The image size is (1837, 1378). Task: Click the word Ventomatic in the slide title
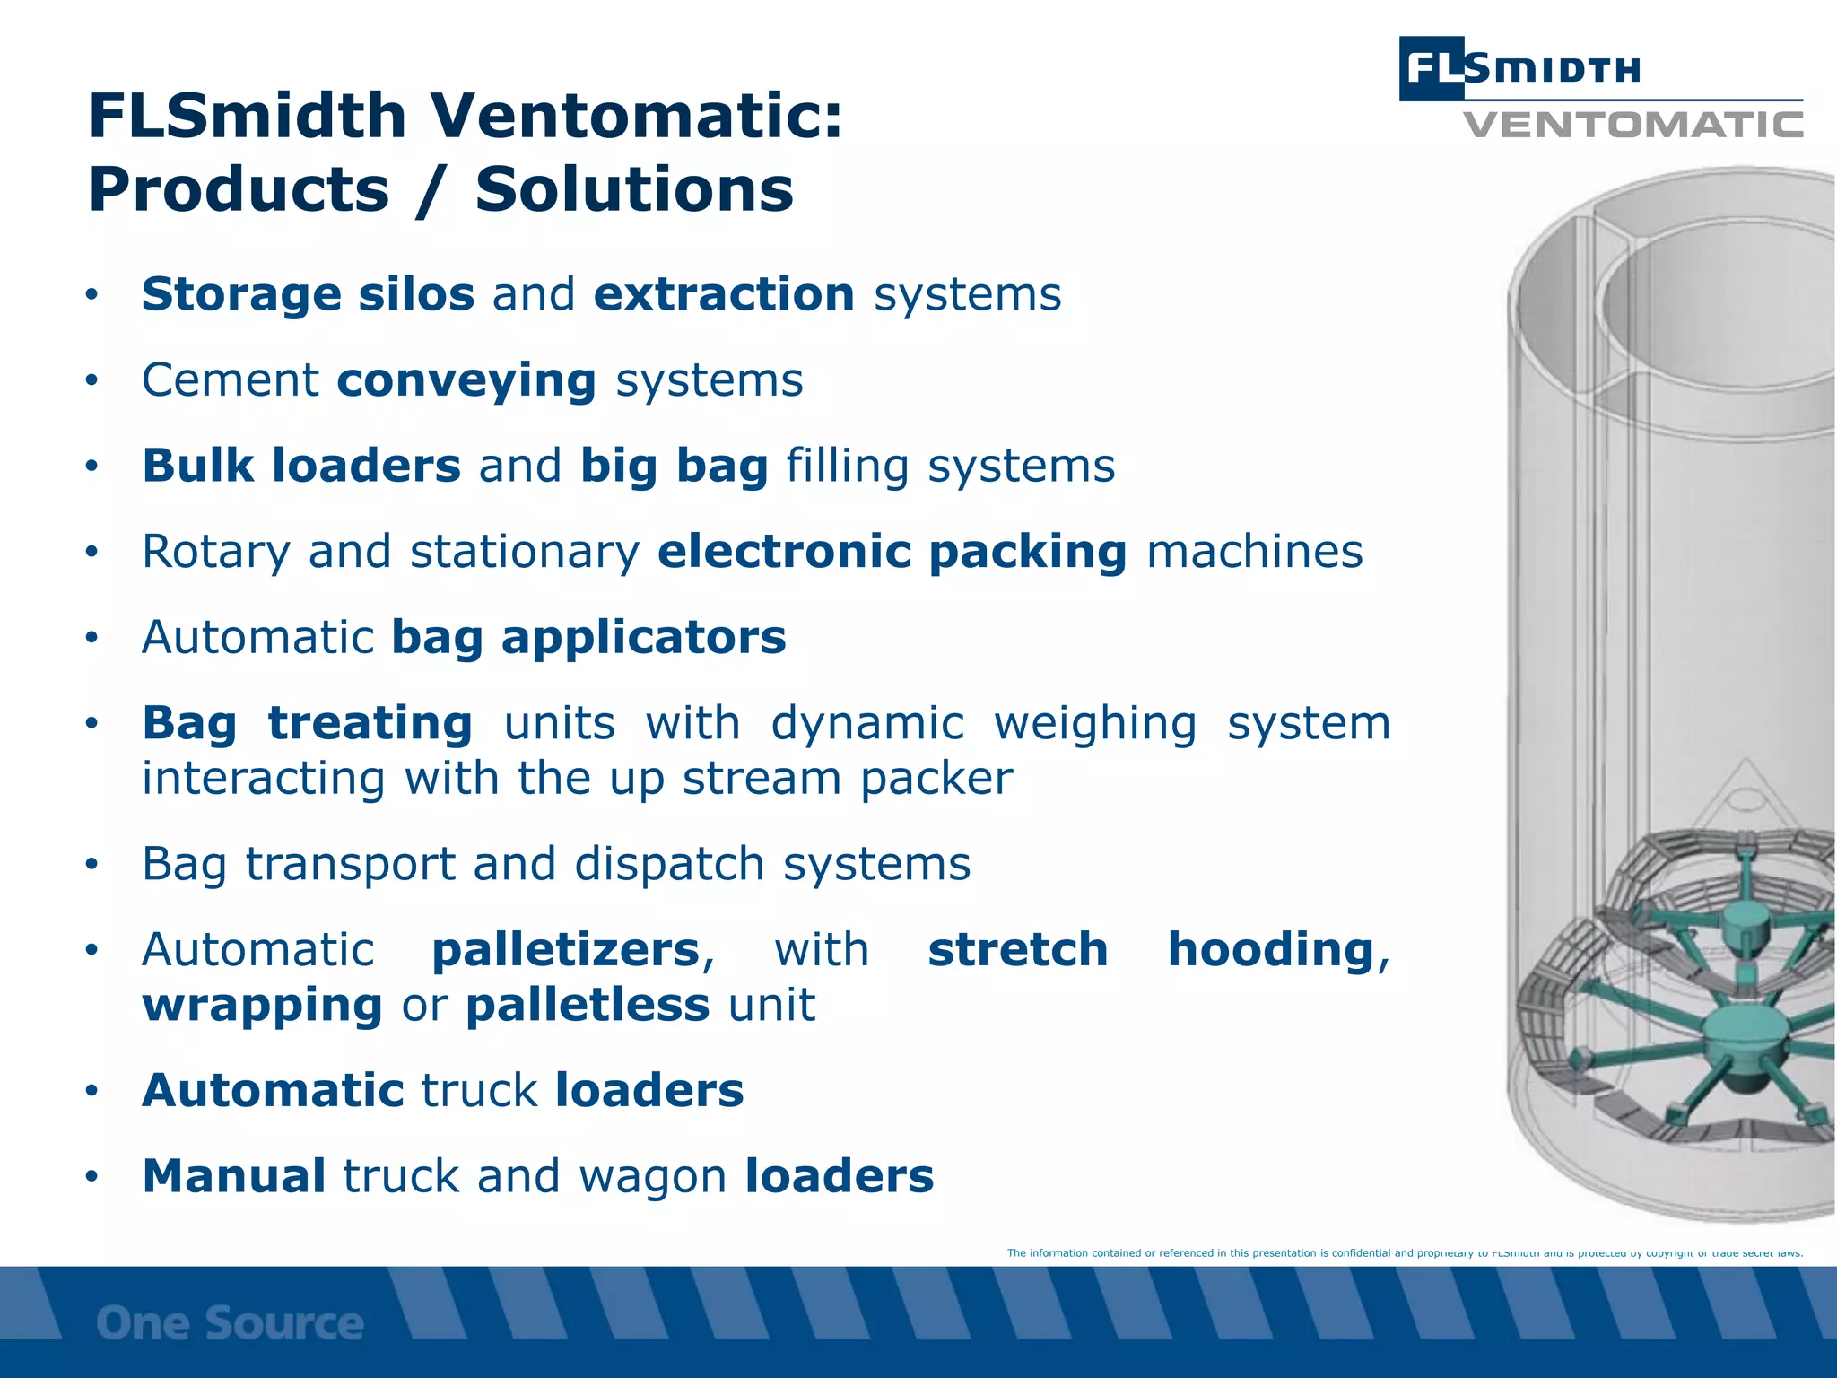point(636,117)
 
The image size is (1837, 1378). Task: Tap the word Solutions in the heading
point(633,190)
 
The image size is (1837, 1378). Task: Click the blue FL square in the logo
point(1432,68)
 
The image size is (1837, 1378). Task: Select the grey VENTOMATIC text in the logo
point(1632,125)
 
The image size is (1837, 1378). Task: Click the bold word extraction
point(724,295)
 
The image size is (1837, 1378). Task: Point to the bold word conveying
point(466,381)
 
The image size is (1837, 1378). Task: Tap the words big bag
point(674,467)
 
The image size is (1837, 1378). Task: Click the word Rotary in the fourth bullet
point(215,553)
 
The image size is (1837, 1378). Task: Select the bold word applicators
point(643,638)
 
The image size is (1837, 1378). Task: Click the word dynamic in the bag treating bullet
point(866,723)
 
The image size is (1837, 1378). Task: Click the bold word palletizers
point(565,950)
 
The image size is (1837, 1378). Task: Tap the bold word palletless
point(588,1005)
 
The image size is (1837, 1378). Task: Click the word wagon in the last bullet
point(652,1176)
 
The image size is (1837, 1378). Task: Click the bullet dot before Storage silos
point(91,295)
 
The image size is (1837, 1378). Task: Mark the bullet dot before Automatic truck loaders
point(91,1092)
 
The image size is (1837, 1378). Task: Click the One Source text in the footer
point(230,1324)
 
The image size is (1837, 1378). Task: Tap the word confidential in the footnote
point(1361,1253)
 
